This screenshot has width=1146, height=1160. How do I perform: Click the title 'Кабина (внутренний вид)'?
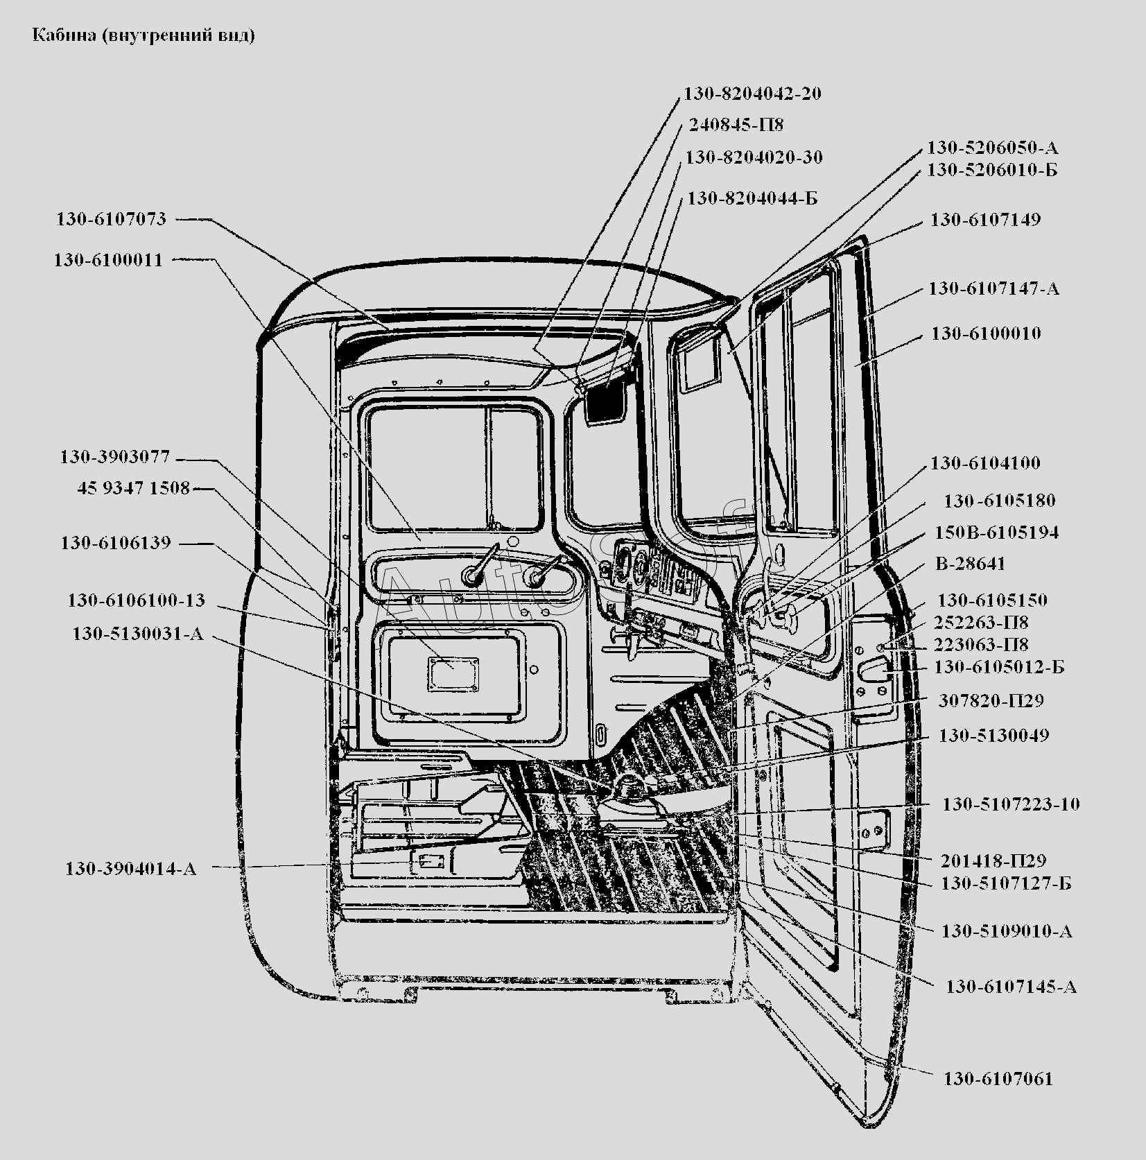144,35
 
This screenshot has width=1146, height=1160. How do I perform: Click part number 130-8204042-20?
753,94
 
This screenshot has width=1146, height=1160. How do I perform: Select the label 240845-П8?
736,125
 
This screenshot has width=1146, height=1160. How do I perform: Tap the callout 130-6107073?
112,219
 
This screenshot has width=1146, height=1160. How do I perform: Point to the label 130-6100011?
109,260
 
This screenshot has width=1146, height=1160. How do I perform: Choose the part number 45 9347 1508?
134,488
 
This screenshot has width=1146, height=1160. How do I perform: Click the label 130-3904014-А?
131,868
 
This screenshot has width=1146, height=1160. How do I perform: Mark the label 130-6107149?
985,220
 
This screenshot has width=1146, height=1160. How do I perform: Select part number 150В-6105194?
996,533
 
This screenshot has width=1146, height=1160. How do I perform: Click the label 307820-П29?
991,700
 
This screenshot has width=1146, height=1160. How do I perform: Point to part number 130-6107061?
998,1078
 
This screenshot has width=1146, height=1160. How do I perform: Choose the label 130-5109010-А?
1007,930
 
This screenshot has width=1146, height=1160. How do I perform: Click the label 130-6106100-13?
136,600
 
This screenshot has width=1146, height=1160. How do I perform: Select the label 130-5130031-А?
138,634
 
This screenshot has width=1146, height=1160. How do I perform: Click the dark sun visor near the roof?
605,401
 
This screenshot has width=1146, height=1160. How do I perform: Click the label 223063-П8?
981,644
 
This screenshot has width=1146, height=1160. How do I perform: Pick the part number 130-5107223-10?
1011,804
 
